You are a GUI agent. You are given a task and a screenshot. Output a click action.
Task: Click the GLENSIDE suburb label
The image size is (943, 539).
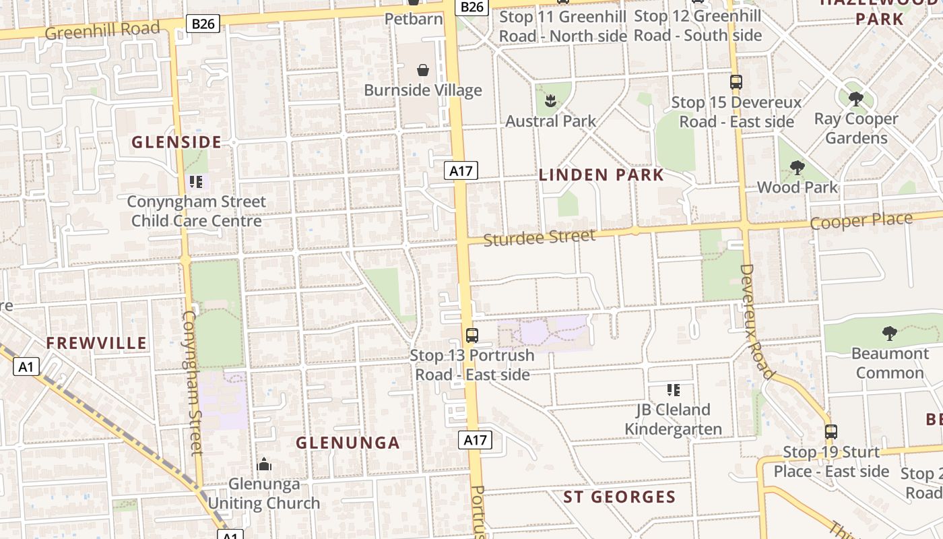176,142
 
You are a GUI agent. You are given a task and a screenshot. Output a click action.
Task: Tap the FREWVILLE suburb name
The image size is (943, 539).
96,343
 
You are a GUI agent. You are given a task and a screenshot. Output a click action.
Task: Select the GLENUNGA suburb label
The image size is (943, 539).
348,443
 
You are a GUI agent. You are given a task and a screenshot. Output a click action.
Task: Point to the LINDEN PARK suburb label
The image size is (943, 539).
601,175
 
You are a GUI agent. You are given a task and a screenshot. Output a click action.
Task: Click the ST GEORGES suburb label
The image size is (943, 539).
619,497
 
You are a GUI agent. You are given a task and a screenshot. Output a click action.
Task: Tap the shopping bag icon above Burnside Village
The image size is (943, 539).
423,70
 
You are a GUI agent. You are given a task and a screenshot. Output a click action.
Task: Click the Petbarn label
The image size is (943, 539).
414,18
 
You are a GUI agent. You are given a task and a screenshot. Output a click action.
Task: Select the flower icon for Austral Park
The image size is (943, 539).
550,102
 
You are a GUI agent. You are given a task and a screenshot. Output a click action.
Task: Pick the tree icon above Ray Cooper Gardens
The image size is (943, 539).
855,100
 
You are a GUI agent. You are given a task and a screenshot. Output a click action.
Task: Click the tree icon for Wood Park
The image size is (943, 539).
797,168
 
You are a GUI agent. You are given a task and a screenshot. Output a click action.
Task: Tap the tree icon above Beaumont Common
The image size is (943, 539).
889,334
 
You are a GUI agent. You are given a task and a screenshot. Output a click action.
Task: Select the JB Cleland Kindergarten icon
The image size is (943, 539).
673,390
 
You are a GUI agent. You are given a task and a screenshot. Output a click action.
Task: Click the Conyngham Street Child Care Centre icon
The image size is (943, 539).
196,182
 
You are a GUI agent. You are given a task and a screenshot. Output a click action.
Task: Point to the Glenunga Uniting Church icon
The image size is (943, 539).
264,464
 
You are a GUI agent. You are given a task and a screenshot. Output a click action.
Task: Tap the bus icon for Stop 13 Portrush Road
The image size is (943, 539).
472,335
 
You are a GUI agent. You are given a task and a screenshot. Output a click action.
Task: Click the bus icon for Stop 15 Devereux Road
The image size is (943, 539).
736,83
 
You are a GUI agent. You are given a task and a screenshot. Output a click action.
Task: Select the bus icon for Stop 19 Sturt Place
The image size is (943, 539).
831,432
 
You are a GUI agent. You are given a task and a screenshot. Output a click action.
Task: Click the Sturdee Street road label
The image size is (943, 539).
540,238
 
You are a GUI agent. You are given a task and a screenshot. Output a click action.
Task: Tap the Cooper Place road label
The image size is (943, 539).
861,221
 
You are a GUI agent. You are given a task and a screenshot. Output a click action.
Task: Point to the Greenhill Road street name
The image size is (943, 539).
103,30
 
